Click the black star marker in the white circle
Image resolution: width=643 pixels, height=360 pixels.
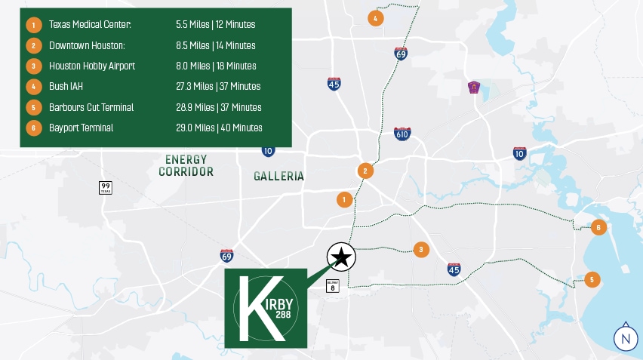click(341, 257)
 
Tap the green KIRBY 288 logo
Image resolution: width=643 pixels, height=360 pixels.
click(266, 308)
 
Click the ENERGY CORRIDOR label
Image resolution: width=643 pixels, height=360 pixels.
click(186, 165)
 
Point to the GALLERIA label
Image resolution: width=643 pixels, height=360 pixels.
click(278, 177)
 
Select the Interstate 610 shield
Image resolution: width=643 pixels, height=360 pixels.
click(402, 134)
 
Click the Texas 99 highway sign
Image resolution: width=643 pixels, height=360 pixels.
click(105, 187)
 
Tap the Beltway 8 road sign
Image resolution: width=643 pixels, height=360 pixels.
click(332, 286)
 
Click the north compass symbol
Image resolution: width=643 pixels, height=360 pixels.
click(624, 339)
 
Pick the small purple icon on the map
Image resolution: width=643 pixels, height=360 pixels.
click(474, 88)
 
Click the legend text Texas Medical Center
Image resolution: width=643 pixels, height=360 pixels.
click(90, 25)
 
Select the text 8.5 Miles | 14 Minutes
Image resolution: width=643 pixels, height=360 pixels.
click(215, 45)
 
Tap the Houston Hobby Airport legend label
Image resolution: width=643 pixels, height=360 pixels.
click(92, 66)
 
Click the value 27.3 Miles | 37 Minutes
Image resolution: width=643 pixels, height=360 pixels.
click(218, 87)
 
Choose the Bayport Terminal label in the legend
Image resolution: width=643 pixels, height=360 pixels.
click(81, 128)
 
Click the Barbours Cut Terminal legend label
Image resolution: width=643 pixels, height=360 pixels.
click(91, 107)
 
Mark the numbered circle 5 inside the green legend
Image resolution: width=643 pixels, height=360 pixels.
click(33, 107)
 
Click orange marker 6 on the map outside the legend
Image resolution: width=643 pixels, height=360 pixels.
click(598, 226)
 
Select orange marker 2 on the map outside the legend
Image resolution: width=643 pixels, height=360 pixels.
click(365, 171)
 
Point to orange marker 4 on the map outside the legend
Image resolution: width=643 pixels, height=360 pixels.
click(375, 17)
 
